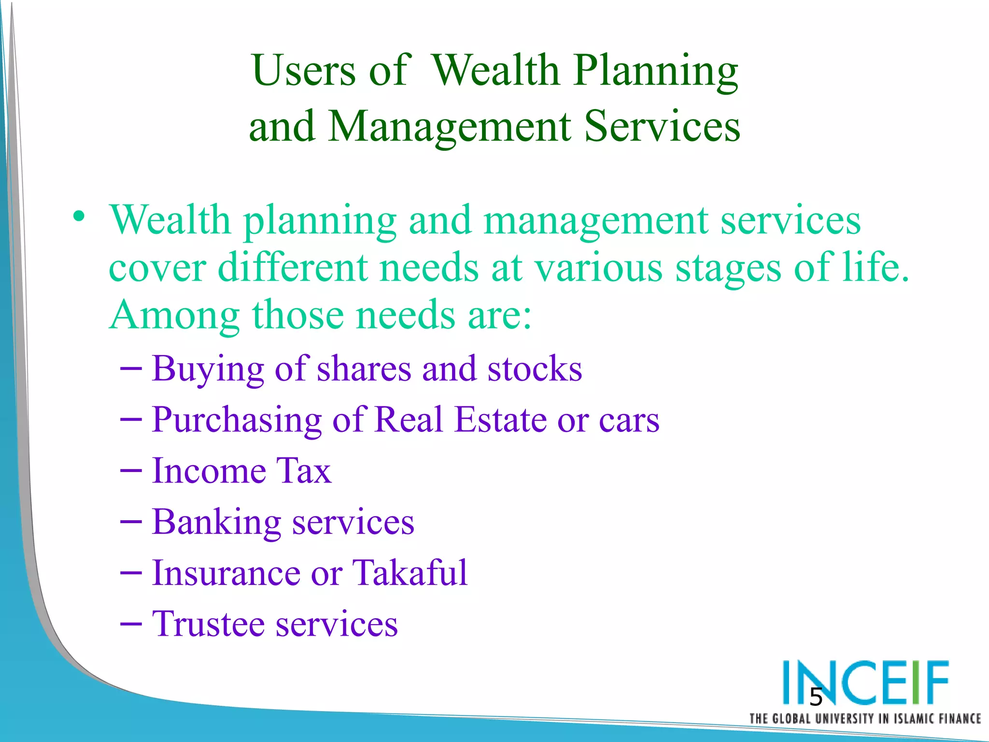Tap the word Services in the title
(x=662, y=127)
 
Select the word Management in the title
(x=449, y=127)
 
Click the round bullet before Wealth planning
(x=79, y=216)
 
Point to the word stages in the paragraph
(x=728, y=268)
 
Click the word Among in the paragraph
(x=174, y=315)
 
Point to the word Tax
(x=303, y=471)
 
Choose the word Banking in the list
(x=216, y=523)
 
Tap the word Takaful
(x=410, y=573)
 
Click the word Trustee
(x=208, y=624)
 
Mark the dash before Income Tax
(x=130, y=471)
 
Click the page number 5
(x=816, y=697)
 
